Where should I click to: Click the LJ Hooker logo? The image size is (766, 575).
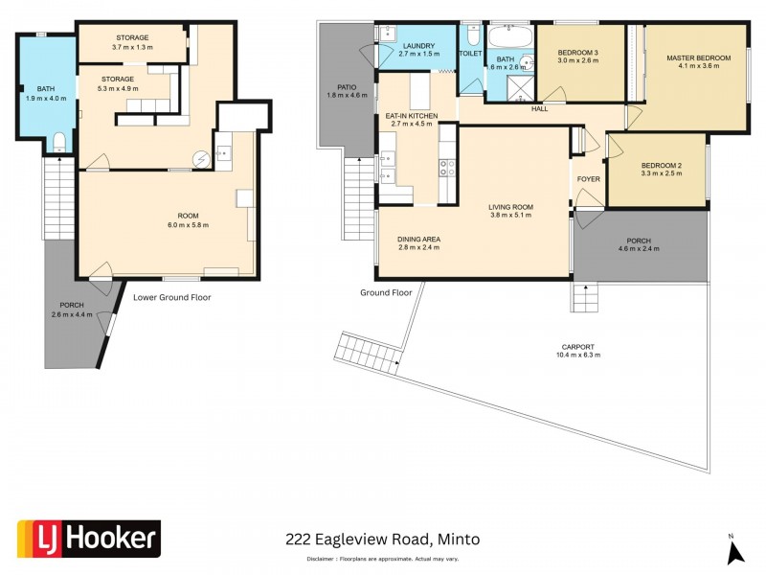(x=88, y=539)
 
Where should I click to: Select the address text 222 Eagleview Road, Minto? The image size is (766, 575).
(x=383, y=540)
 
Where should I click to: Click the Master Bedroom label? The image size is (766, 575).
(x=698, y=58)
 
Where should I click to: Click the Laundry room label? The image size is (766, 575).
(x=419, y=46)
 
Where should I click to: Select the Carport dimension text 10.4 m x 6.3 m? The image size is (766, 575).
(x=578, y=355)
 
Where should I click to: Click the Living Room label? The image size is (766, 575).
(x=510, y=207)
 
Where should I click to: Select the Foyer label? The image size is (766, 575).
(x=588, y=179)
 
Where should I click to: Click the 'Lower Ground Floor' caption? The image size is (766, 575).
(x=171, y=297)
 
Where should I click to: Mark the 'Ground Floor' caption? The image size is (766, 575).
(x=386, y=292)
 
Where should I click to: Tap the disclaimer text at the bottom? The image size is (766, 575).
(x=382, y=559)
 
